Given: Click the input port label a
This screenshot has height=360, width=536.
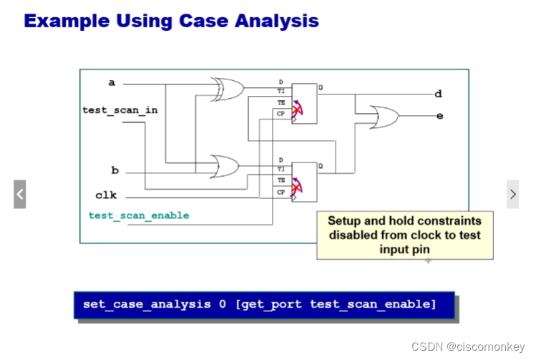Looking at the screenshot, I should pyautogui.click(x=112, y=82).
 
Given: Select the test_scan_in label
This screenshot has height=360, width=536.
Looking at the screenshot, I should pyautogui.click(x=120, y=110).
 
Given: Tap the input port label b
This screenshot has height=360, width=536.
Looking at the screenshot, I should pyautogui.click(x=114, y=170).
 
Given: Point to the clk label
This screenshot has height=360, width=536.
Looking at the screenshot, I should pyautogui.click(x=106, y=195).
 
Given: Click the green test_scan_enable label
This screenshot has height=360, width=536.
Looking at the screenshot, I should pyautogui.click(x=139, y=215).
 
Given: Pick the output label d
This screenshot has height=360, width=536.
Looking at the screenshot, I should pyautogui.click(x=439, y=93).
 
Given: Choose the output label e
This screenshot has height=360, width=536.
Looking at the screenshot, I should pyautogui.click(x=439, y=115).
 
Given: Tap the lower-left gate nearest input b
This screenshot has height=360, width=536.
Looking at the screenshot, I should pyautogui.click(x=225, y=166).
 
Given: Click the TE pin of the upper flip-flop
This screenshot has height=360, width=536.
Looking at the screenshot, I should pyautogui.click(x=281, y=102).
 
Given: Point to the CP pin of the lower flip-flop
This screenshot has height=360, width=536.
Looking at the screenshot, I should pyautogui.click(x=281, y=192).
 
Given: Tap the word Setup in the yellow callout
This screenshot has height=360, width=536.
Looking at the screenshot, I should pyautogui.click(x=345, y=220).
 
